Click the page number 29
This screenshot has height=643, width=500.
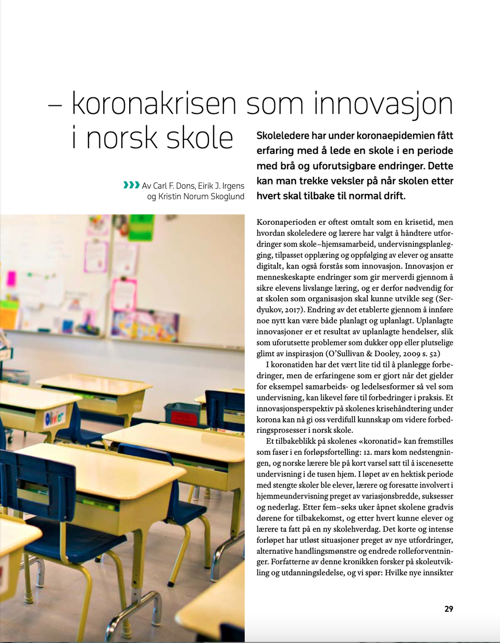[448, 609]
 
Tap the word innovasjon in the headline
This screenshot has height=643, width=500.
[383, 103]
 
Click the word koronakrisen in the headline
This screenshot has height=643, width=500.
[154, 103]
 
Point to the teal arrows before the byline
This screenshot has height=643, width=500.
[131, 185]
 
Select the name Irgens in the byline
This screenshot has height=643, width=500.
[233, 186]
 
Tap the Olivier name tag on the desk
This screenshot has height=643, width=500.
[54, 417]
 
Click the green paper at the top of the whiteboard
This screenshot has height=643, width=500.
[142, 226]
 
